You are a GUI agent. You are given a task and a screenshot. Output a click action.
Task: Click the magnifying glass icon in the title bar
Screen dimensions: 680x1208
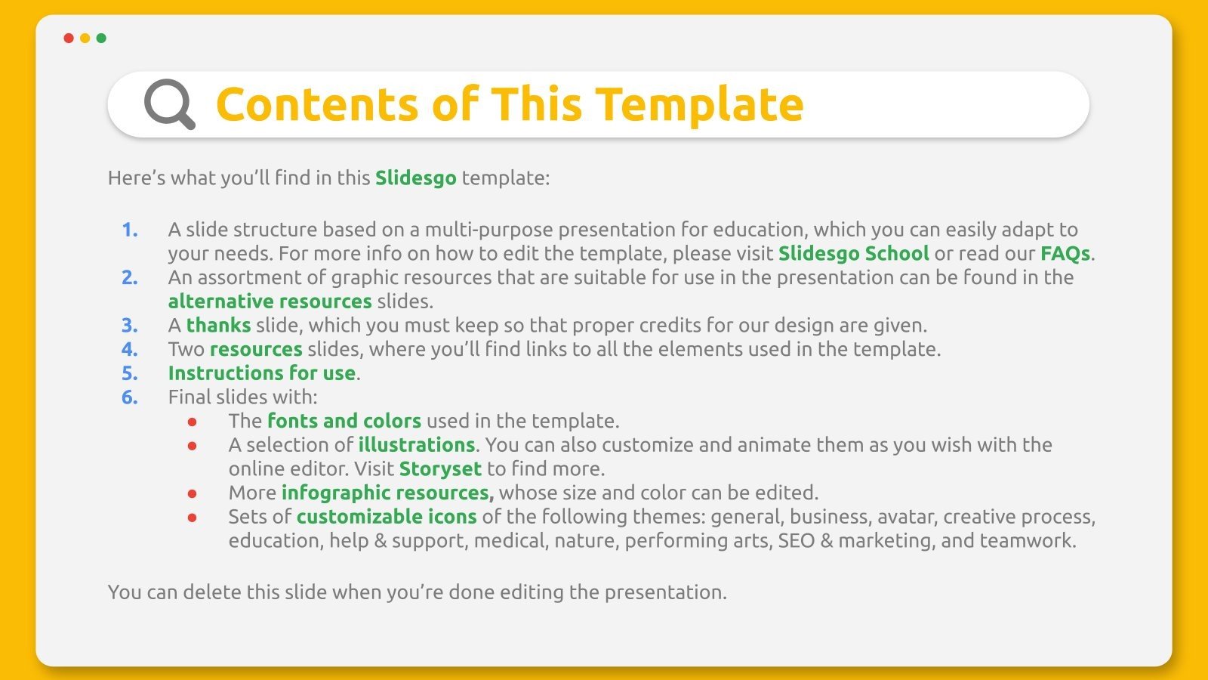tap(169, 104)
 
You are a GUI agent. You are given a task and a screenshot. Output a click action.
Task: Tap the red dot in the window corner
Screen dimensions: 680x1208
tap(69, 38)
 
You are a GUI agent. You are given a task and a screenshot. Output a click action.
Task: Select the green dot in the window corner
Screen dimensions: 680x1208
tap(102, 38)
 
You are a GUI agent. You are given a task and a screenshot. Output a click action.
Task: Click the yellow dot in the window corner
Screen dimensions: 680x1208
tap(85, 38)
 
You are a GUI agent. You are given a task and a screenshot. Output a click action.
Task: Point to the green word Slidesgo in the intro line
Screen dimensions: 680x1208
tap(415, 178)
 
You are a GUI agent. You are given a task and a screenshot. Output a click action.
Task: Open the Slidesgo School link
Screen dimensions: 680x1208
tap(853, 253)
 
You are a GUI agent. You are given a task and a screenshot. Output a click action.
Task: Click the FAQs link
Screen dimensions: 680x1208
tap(1065, 253)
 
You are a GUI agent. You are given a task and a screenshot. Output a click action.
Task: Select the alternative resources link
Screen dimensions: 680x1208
tap(270, 301)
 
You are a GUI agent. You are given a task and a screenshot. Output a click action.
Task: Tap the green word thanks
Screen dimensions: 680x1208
tap(218, 326)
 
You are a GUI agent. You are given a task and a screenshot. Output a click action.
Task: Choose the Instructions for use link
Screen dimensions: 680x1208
tap(261, 373)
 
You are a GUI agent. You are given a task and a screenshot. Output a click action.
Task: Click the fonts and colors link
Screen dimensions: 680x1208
tap(344, 421)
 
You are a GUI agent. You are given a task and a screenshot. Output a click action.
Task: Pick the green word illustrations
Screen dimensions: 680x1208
tap(416, 445)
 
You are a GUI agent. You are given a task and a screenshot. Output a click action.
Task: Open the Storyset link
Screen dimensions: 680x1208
tap(440, 469)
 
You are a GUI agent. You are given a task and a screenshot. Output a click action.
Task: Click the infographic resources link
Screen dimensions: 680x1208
tap(387, 493)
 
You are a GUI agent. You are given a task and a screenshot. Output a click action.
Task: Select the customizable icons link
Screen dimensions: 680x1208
tap(387, 517)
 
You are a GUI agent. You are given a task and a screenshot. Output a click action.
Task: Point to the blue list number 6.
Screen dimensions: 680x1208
tap(129, 397)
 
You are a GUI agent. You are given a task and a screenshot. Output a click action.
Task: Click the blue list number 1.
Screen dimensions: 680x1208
tap(129, 230)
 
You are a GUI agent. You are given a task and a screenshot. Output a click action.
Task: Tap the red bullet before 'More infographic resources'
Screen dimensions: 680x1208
tap(193, 494)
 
